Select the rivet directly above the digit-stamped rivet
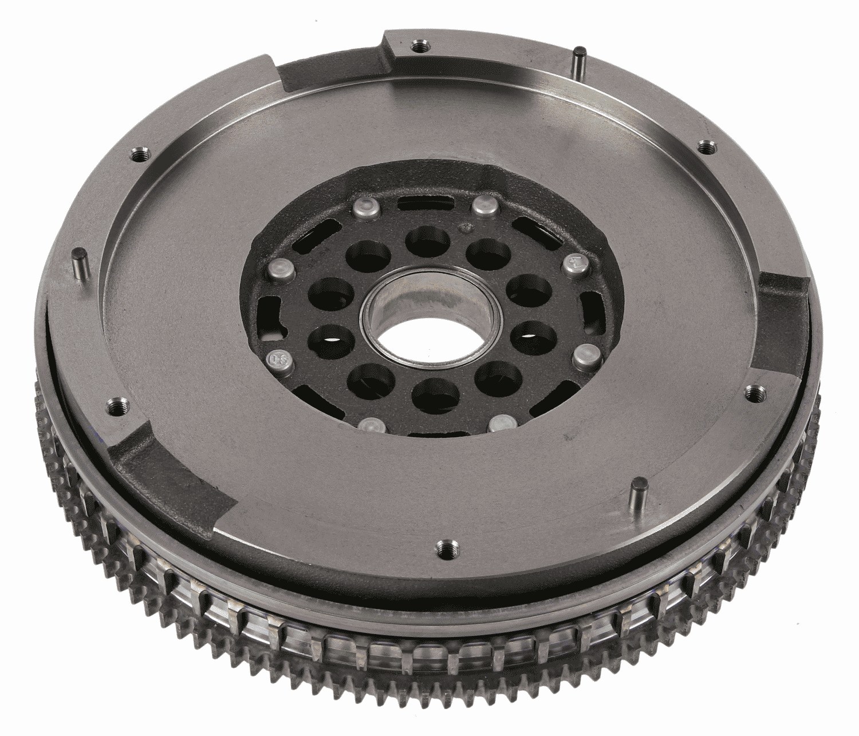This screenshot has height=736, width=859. [278, 267]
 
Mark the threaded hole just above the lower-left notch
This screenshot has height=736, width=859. [117, 406]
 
